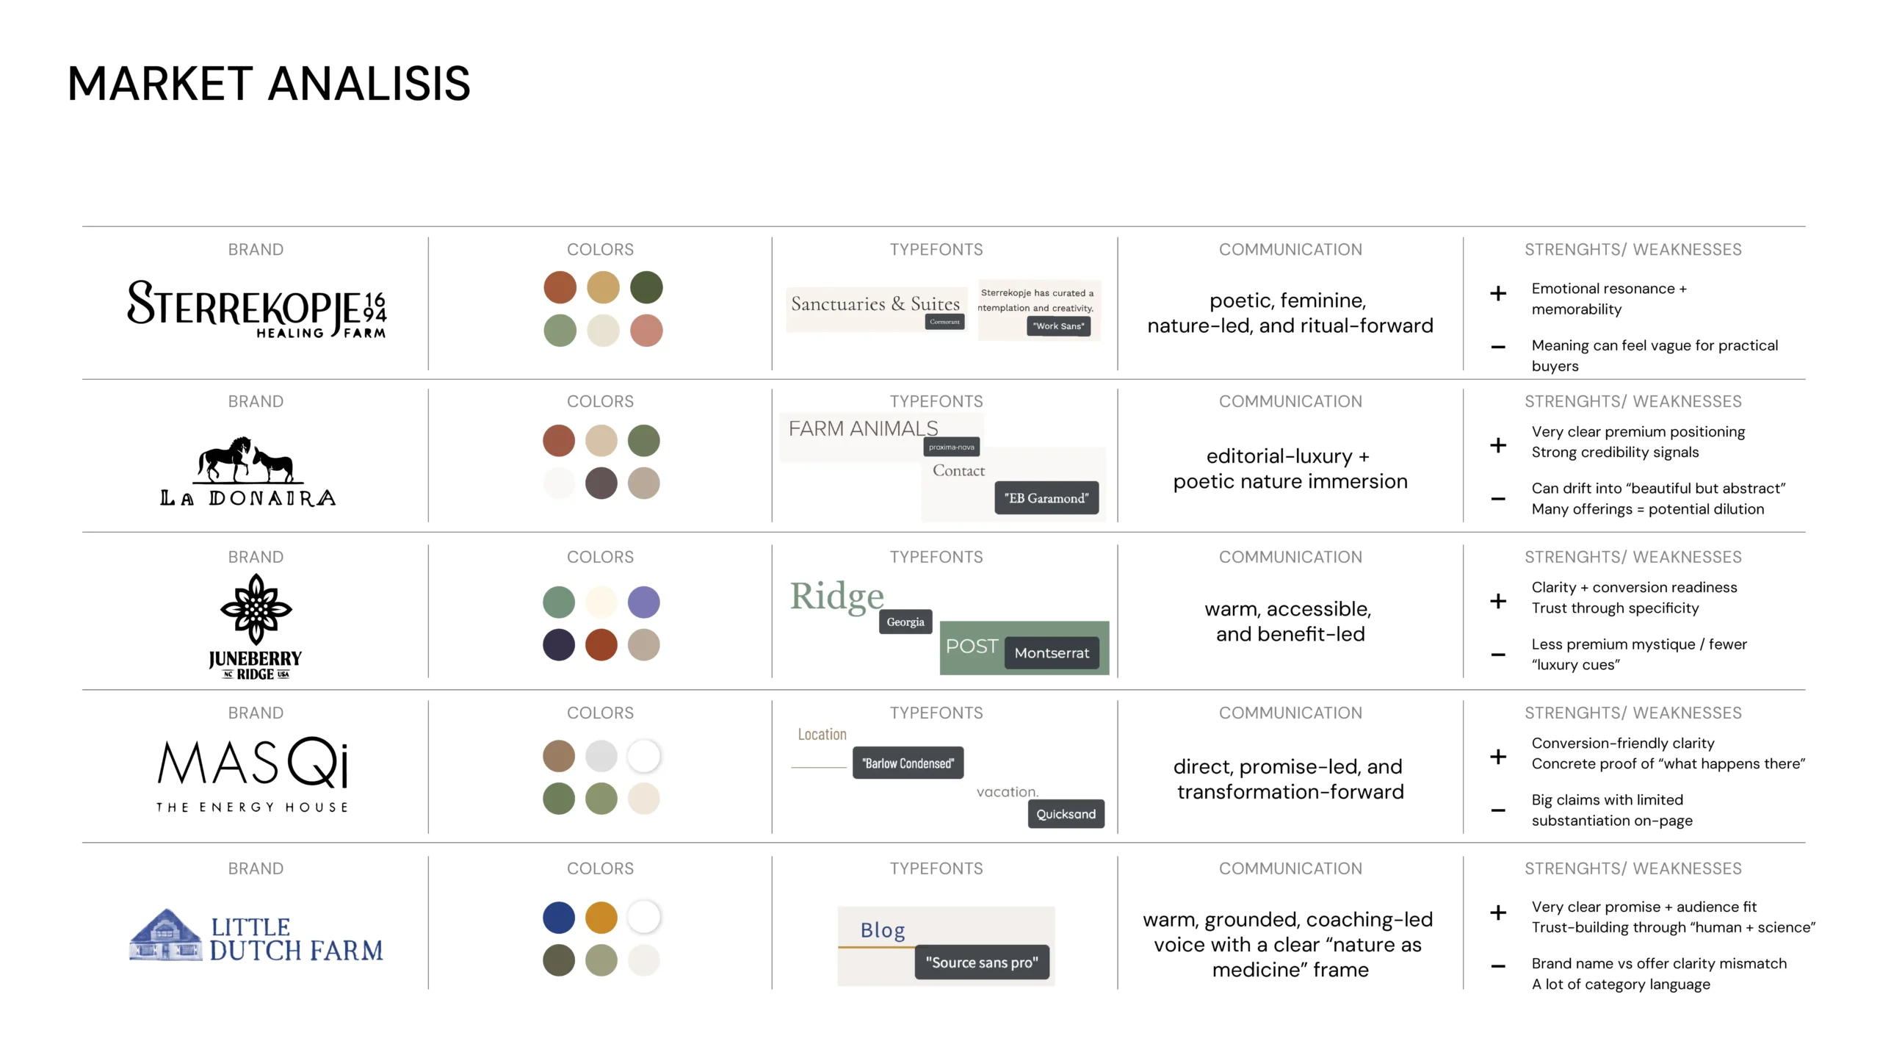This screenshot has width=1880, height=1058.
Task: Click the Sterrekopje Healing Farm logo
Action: pyautogui.click(x=256, y=309)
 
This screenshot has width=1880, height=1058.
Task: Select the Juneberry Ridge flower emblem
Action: pyautogui.click(x=256, y=608)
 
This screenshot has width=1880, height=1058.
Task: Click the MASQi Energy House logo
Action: pyautogui.click(x=253, y=774)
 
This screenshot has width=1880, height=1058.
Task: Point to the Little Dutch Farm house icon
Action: pyautogui.click(x=166, y=935)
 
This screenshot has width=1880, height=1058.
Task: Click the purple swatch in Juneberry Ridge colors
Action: pyautogui.click(x=643, y=602)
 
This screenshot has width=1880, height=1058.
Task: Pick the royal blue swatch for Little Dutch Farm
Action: pyautogui.click(x=559, y=917)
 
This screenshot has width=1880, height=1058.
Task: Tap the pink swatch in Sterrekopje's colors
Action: pyautogui.click(x=646, y=331)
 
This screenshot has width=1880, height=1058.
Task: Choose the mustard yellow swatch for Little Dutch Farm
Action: pyautogui.click(x=601, y=917)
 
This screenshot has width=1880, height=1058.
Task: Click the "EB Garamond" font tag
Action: pyautogui.click(x=1046, y=498)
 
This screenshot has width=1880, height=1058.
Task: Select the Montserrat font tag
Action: pyautogui.click(x=1052, y=653)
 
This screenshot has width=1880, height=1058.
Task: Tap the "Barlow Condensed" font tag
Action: pyautogui.click(x=908, y=763)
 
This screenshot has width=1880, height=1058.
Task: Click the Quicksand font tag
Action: pyautogui.click(x=1066, y=814)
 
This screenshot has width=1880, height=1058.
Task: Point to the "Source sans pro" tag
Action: pyautogui.click(x=982, y=962)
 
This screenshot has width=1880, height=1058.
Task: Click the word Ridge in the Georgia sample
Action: pyautogui.click(x=836, y=597)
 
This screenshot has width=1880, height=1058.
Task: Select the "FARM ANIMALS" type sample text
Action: pyautogui.click(x=863, y=428)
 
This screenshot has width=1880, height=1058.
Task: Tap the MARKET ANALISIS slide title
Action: pyautogui.click(x=269, y=84)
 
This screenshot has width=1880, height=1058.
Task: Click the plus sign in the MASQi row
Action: pyautogui.click(x=1498, y=757)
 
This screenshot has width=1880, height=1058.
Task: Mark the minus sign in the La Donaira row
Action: pyautogui.click(x=1498, y=499)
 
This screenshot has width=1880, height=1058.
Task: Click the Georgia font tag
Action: pyautogui.click(x=905, y=622)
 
